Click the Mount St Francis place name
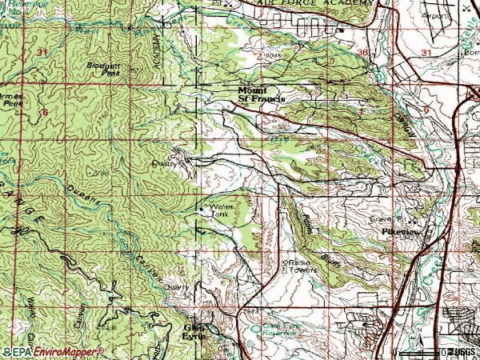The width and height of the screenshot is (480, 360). coord(262,94)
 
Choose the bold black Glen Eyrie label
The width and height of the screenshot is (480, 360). coord(195,331)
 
